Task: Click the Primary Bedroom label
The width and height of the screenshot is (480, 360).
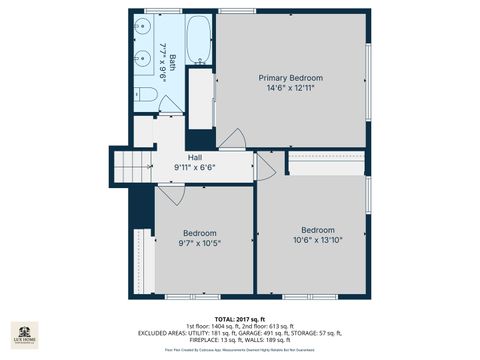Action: (291, 77)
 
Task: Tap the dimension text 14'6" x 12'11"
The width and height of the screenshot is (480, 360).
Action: (291, 88)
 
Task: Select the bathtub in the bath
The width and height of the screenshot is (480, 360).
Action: (199, 39)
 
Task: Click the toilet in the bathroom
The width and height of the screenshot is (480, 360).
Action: (147, 95)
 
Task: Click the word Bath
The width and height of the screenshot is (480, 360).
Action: (171, 61)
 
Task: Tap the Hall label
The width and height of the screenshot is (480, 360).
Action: (181, 157)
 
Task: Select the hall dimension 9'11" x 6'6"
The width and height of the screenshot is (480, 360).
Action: (194, 167)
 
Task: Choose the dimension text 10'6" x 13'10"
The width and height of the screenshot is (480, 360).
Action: (318, 239)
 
